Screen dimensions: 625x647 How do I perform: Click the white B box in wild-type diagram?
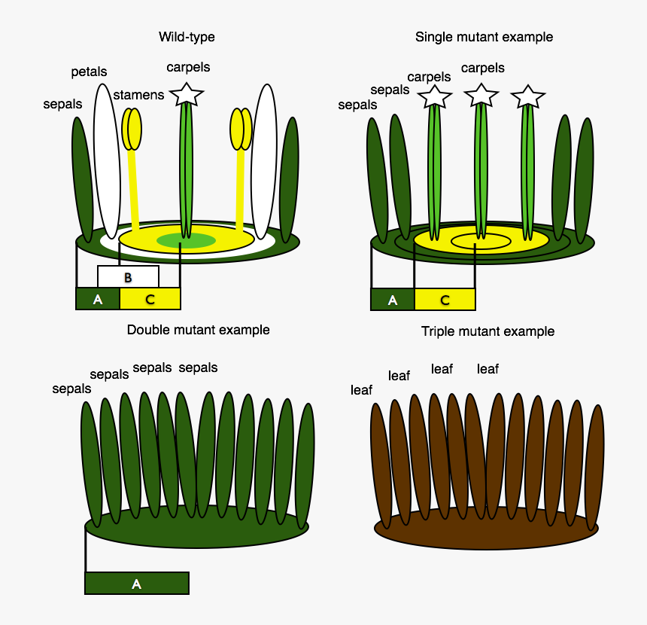(x=128, y=276)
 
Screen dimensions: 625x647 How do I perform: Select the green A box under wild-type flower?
(x=98, y=299)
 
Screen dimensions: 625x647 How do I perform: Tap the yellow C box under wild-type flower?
(x=150, y=299)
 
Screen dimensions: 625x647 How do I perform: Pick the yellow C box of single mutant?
(x=445, y=299)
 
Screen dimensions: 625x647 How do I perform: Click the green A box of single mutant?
(x=392, y=299)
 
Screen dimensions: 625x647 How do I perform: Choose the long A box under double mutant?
(x=136, y=584)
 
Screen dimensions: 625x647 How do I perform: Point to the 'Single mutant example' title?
(x=484, y=37)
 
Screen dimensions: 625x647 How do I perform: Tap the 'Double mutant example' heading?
(x=198, y=330)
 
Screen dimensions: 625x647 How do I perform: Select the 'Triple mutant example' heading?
(x=488, y=331)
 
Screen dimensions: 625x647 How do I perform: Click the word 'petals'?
(x=89, y=72)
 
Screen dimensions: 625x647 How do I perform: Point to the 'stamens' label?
(x=138, y=95)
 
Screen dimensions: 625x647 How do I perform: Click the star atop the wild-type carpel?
(x=187, y=94)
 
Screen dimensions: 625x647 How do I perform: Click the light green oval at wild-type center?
(x=187, y=240)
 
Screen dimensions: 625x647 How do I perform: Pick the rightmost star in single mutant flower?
(x=527, y=96)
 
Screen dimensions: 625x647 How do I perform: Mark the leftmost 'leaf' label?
(x=361, y=390)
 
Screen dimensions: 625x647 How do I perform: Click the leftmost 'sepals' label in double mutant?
(x=71, y=389)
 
